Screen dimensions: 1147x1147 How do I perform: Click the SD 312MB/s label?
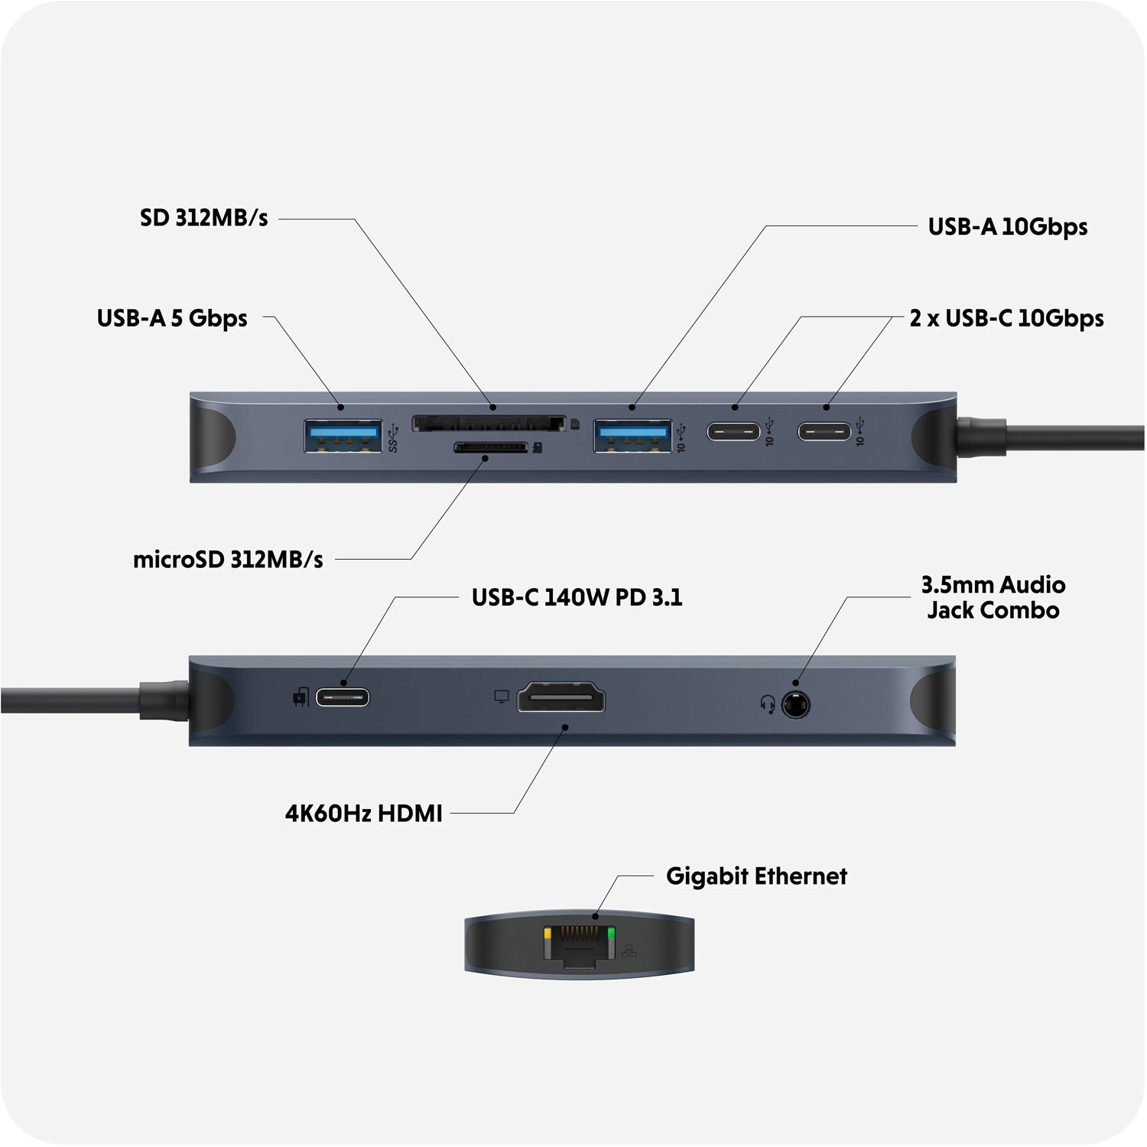tap(203, 218)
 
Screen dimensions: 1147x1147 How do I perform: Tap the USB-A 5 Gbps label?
tap(172, 318)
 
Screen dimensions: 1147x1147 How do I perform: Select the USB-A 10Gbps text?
tap(1007, 226)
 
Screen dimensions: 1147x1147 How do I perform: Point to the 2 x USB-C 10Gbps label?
tap(1006, 318)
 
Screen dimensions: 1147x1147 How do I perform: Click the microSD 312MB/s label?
tap(228, 560)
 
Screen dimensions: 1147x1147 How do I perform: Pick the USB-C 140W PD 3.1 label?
tap(577, 597)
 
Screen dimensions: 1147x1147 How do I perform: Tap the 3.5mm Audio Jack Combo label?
tap(993, 597)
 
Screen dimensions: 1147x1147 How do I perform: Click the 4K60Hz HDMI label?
tap(363, 813)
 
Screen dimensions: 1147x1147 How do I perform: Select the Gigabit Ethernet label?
tap(756, 876)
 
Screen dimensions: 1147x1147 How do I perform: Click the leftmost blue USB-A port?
tap(343, 436)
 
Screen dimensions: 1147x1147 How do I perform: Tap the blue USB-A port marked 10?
tap(633, 436)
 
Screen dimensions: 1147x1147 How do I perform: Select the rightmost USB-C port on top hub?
tap(824, 431)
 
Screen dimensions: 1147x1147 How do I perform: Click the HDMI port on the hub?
tap(561, 698)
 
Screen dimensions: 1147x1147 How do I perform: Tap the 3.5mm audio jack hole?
tap(796, 703)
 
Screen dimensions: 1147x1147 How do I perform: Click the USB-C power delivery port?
tap(343, 697)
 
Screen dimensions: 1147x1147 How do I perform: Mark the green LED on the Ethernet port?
tap(610, 934)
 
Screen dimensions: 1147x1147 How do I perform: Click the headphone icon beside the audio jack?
tap(768, 703)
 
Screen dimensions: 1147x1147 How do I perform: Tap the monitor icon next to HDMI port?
tap(502, 697)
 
